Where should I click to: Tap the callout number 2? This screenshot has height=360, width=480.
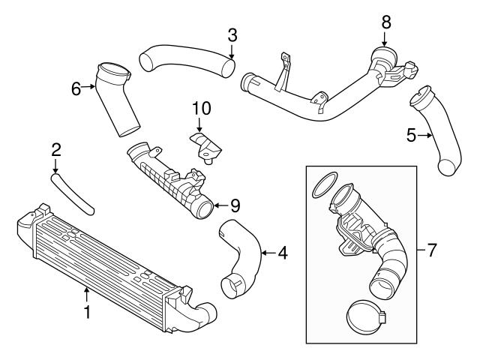click(x=55, y=150)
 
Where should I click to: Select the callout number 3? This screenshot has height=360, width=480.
click(x=232, y=34)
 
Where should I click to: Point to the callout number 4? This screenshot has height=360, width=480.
click(x=282, y=253)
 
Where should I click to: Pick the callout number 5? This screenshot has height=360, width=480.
click(x=411, y=135)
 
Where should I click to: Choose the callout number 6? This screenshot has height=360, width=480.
click(x=76, y=88)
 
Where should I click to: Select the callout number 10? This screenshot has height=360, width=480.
click(x=200, y=109)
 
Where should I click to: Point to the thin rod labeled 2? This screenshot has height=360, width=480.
click(x=73, y=192)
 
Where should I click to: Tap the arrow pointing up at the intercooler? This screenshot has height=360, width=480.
click(x=87, y=294)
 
